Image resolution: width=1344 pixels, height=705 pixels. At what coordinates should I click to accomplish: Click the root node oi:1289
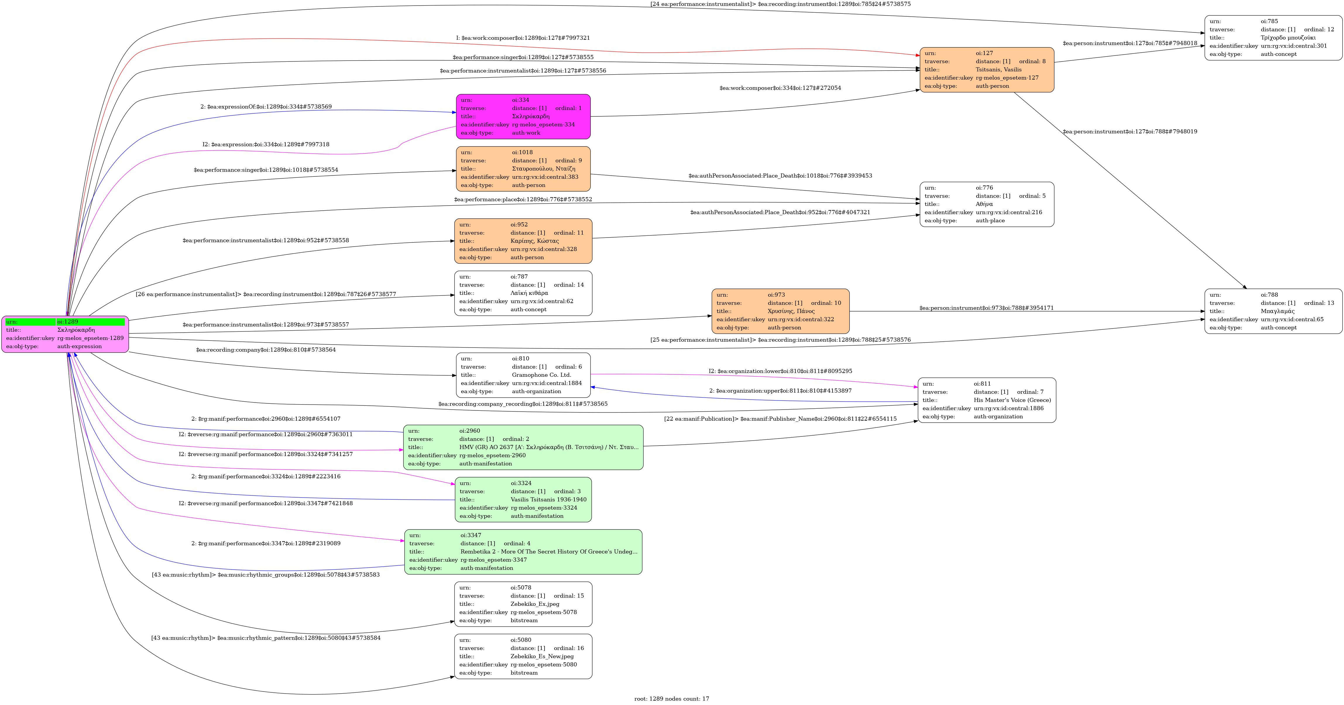click(65, 334)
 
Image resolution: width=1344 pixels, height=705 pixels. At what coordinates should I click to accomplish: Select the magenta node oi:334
click(523, 116)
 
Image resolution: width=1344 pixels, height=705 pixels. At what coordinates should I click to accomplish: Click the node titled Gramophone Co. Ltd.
click(523, 375)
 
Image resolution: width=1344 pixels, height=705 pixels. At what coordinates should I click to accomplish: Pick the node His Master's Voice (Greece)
click(987, 400)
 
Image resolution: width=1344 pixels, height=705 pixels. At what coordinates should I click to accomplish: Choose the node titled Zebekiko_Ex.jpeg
click(523, 604)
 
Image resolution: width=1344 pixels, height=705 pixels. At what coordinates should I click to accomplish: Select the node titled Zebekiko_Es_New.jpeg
click(523, 656)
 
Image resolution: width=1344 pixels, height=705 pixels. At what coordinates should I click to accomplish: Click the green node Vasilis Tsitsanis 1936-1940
click(523, 500)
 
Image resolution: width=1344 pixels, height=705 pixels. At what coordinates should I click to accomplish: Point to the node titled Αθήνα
click(987, 204)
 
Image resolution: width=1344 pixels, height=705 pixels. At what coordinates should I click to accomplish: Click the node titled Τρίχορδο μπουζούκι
click(1273, 37)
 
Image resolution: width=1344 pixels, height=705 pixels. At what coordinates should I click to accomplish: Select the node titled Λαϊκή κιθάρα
click(523, 293)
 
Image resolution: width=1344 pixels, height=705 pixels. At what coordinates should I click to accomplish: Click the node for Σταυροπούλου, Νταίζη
click(523, 168)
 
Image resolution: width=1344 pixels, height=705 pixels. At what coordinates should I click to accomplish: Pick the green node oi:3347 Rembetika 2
click(523, 552)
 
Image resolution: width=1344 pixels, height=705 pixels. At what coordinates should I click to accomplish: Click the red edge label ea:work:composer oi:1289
click(523, 38)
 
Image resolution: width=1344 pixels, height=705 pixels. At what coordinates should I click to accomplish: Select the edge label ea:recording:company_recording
click(523, 404)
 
